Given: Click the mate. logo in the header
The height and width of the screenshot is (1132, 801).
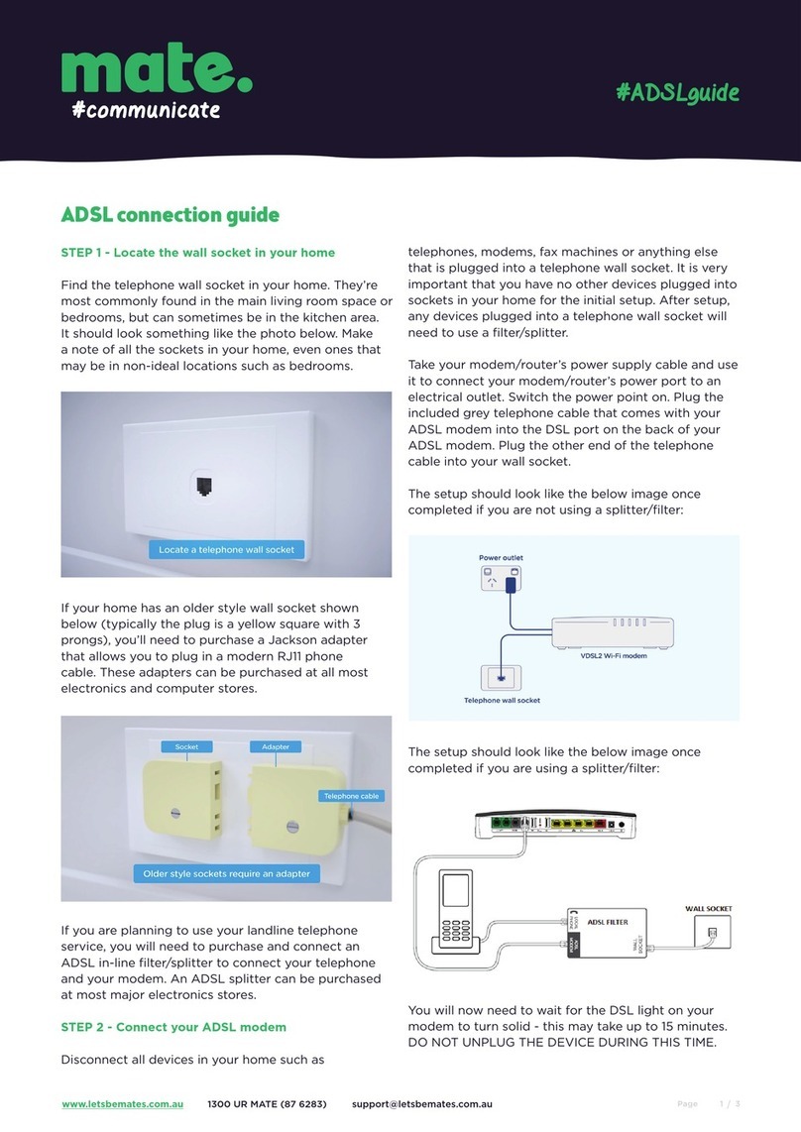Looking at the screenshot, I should click(156, 68).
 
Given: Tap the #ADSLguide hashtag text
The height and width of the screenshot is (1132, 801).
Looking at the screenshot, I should click(678, 93).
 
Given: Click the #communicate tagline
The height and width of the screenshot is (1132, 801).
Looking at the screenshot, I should click(145, 110).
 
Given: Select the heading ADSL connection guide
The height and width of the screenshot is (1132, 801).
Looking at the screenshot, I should click(171, 214).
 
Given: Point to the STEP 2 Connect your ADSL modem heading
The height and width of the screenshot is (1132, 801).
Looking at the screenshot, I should click(173, 1026).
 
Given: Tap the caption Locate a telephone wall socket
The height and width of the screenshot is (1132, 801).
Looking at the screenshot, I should click(227, 549).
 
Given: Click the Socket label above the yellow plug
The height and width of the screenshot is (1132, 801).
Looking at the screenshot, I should click(186, 746).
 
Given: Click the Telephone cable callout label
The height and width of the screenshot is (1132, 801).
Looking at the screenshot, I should click(351, 796).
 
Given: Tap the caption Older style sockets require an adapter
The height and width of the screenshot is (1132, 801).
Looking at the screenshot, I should click(227, 873).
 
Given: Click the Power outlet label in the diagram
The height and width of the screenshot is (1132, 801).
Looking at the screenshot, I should click(502, 558).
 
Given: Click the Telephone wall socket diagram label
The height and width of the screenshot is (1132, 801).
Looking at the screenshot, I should click(502, 700).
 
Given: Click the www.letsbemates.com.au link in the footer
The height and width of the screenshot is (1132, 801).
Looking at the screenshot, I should click(121, 1103).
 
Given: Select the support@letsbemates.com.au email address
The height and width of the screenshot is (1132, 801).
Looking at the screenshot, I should click(422, 1103).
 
